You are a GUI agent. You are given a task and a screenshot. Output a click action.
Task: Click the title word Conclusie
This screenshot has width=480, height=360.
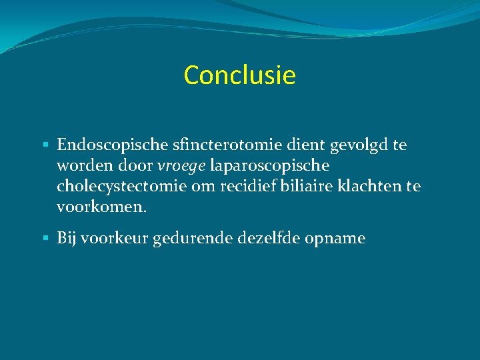coord(239,75)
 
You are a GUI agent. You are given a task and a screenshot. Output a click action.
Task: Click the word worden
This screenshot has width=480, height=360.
coord(83,165)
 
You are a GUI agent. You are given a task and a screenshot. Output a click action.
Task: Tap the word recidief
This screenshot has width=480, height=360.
coord(250,186)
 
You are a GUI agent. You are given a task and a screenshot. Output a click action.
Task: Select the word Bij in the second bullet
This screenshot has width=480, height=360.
coord(67,238)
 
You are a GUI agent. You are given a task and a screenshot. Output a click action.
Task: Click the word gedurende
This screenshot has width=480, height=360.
coord(192,239)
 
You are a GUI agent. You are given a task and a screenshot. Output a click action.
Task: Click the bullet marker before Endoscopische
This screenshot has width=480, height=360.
coord(45,145)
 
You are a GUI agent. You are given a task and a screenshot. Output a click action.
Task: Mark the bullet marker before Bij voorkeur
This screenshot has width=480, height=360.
coord(45,238)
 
